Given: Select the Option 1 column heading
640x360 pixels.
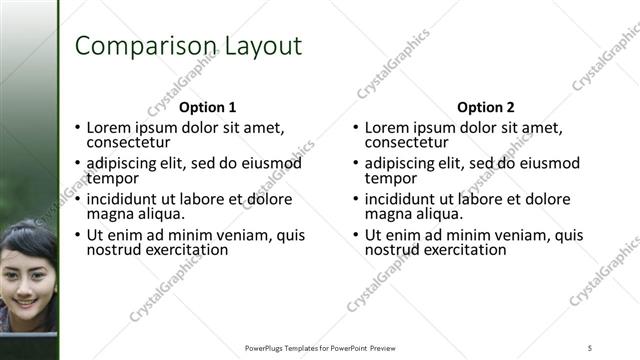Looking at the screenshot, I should point(207,107).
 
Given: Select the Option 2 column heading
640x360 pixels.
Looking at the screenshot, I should point(485,107).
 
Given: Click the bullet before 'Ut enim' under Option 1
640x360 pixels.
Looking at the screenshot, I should point(77,236).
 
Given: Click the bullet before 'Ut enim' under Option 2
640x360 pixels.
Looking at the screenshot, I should point(355,236).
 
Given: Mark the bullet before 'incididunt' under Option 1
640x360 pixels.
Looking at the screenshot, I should point(77,200).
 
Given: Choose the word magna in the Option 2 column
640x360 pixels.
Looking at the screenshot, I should point(387,214).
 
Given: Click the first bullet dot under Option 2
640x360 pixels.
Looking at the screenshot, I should point(355,128).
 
